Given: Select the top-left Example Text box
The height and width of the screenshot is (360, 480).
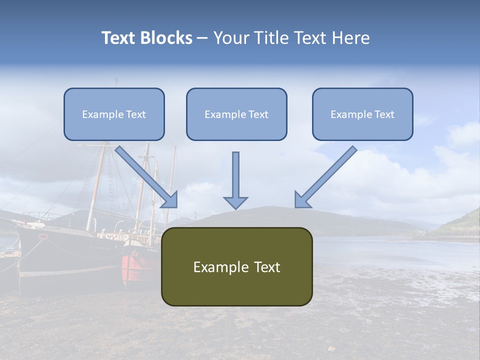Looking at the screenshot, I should [x=114, y=114].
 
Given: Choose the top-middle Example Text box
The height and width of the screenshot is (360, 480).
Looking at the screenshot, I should [x=236, y=114].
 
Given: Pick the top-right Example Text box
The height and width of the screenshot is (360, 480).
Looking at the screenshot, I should [x=362, y=114].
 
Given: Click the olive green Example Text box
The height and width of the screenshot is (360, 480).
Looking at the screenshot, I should [x=236, y=267].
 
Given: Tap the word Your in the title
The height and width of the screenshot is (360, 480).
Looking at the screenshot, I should [x=231, y=38].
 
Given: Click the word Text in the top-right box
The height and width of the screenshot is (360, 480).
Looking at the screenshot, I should [x=384, y=114].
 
